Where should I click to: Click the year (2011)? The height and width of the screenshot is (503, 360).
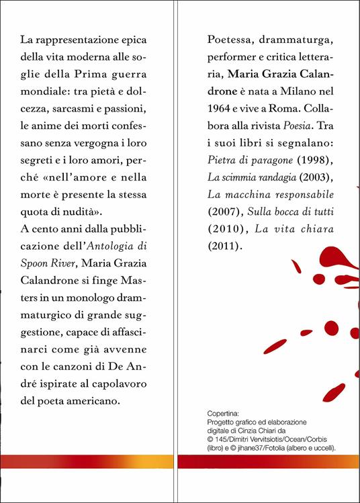(223, 246)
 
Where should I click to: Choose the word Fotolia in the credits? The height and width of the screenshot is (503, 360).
(289, 448)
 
